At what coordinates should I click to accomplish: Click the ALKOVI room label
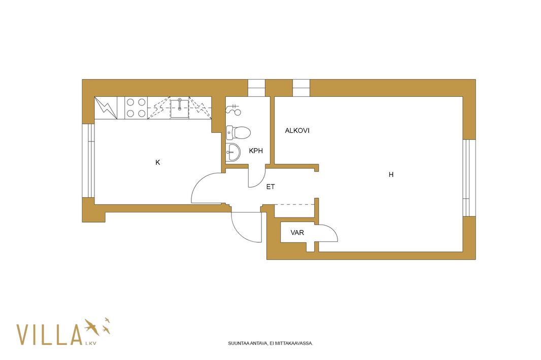coord(297,131)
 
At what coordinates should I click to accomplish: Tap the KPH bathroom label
coord(256,151)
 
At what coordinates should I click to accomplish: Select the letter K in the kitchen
coord(158,162)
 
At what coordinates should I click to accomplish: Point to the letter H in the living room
coord(391,174)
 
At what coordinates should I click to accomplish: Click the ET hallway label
coord(270,187)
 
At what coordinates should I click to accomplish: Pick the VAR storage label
coord(297,233)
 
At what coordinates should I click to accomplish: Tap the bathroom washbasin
coord(233,152)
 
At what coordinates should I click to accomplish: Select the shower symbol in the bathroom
coord(233,109)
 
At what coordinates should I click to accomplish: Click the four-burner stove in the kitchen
coord(136,108)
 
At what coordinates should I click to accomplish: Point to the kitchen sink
coord(180,107)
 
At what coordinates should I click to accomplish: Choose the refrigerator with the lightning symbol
coord(106,108)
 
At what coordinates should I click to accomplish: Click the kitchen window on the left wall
coord(88,160)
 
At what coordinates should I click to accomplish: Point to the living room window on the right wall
coord(469,177)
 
